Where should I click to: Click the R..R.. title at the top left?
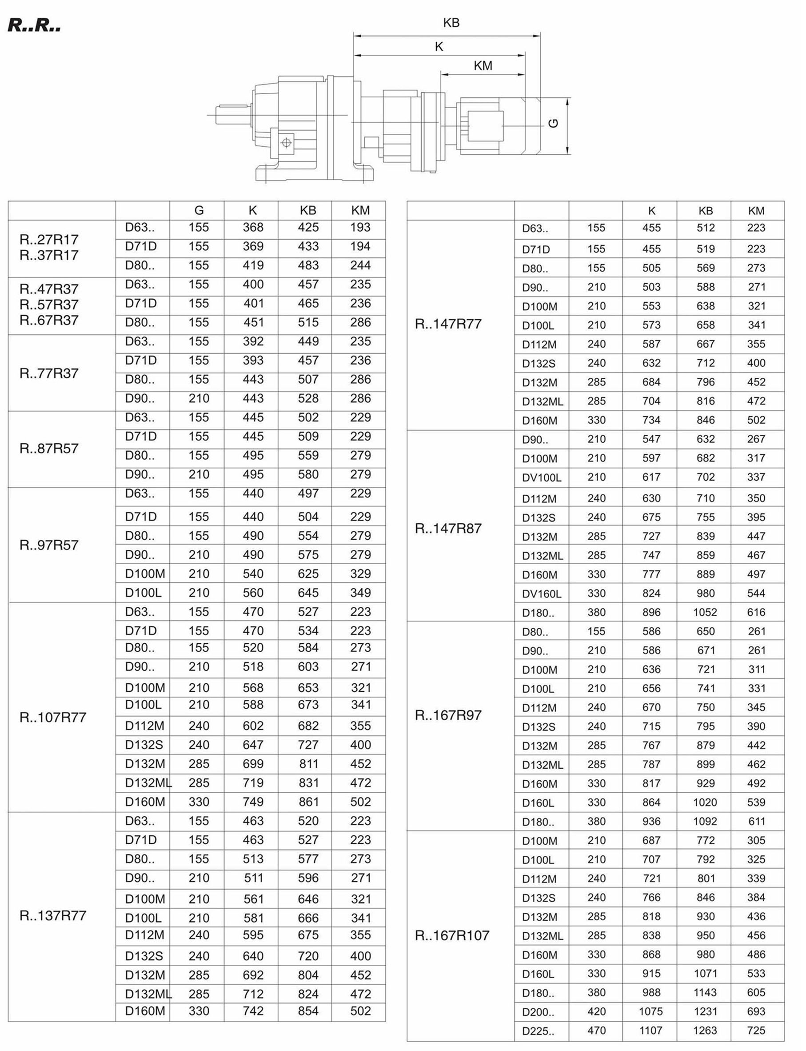click(34, 26)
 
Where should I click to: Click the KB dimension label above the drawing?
click(451, 23)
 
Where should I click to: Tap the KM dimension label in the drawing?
click(483, 66)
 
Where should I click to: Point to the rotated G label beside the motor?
click(553, 123)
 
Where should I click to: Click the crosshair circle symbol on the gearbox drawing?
click(287, 143)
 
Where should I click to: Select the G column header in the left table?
click(199, 210)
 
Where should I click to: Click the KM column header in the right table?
click(756, 211)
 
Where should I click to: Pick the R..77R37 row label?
click(48, 373)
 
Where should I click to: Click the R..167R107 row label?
click(452, 935)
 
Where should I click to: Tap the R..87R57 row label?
click(48, 448)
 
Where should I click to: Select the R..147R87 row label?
click(448, 528)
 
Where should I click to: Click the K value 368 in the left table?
click(253, 228)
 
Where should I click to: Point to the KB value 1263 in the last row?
click(705, 1031)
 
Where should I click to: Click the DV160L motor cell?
click(541, 594)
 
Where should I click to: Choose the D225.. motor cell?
click(538, 1031)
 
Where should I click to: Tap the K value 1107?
click(650, 1031)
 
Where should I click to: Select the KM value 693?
click(756, 1011)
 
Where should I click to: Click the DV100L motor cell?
click(541, 477)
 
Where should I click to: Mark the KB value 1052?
click(705, 612)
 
